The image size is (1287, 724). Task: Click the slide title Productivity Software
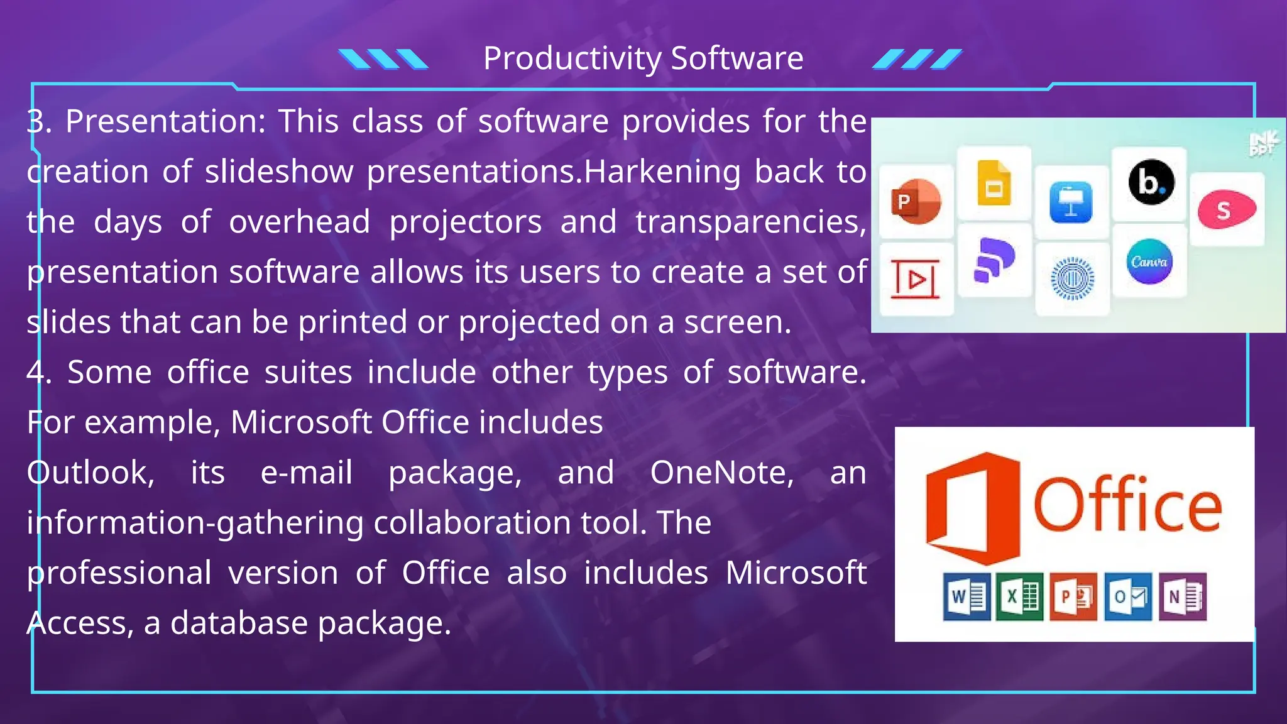[643, 58]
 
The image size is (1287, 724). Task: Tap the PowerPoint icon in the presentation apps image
[916, 202]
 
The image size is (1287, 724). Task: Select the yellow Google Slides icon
[994, 183]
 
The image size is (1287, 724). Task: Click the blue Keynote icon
[1071, 202]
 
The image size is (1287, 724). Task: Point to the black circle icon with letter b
[1149, 183]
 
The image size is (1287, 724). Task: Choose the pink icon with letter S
[1226, 210]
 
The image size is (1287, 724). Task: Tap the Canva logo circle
[1149, 261]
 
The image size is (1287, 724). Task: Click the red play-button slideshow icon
[916, 279]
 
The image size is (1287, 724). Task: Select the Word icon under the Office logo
[967, 596]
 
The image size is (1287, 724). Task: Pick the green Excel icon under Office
[1020, 596]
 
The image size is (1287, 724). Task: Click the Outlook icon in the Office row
[1128, 596]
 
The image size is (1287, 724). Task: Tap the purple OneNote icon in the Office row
[1182, 596]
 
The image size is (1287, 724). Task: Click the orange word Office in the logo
[1127, 505]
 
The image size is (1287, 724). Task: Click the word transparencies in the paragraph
[750, 222]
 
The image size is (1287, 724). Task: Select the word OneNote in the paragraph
[722, 473]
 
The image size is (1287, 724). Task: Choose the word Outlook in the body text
[90, 473]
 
